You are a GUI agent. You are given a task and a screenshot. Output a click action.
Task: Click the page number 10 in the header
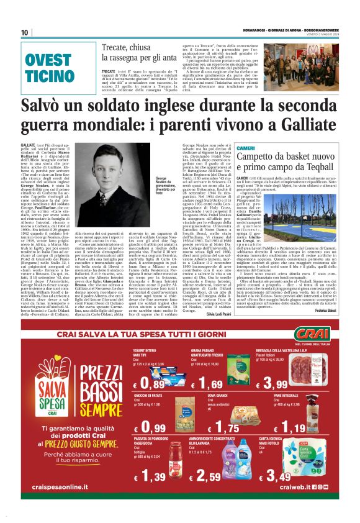coord(25,32)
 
